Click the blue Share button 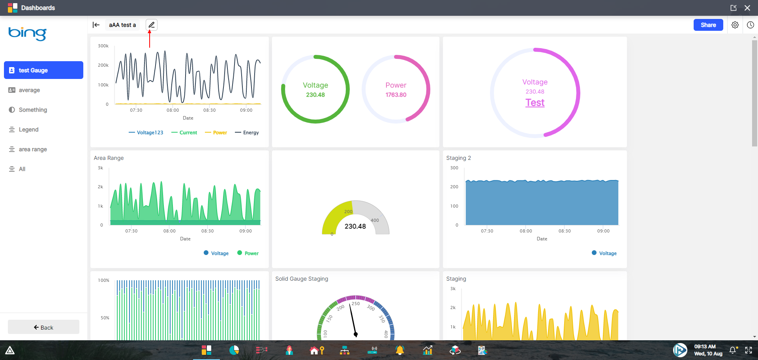[x=708, y=25]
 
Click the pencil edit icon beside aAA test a [x=151, y=25]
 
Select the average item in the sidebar [x=29, y=90]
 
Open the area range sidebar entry [x=33, y=149]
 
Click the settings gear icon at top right [x=735, y=25]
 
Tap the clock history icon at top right [x=750, y=25]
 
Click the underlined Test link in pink [x=535, y=103]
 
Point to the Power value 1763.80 [x=396, y=95]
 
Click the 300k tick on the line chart [x=103, y=46]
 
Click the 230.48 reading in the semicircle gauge [x=355, y=226]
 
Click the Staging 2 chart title [x=458, y=158]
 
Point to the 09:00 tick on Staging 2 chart [x=603, y=231]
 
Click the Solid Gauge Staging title [x=301, y=279]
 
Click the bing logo [x=27, y=33]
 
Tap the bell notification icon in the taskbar [x=733, y=350]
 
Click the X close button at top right [x=747, y=8]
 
